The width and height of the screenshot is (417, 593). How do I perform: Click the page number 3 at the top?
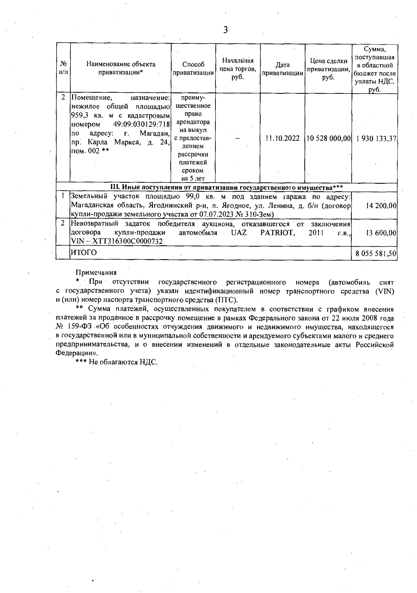point(225,30)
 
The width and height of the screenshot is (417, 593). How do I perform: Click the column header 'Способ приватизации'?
point(193,69)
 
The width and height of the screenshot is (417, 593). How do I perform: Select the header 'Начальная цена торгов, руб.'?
point(238,68)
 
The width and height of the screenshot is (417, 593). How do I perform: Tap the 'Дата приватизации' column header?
point(282,69)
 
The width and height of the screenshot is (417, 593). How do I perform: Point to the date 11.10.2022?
point(282,138)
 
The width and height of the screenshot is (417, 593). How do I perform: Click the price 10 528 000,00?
point(328,138)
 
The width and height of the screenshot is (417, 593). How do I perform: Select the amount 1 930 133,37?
point(376,138)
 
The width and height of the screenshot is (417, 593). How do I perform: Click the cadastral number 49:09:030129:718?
point(141,124)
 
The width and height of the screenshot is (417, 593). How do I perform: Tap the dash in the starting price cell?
point(238,138)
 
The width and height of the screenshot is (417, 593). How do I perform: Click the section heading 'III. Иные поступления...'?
point(227,188)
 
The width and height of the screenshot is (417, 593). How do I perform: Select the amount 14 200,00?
point(381,206)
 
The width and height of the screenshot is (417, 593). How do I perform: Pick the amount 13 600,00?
point(381,233)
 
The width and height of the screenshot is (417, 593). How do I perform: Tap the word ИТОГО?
point(84,253)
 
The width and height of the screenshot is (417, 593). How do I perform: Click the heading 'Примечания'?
point(96,273)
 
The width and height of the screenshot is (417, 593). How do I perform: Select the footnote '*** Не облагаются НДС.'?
point(117,362)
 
